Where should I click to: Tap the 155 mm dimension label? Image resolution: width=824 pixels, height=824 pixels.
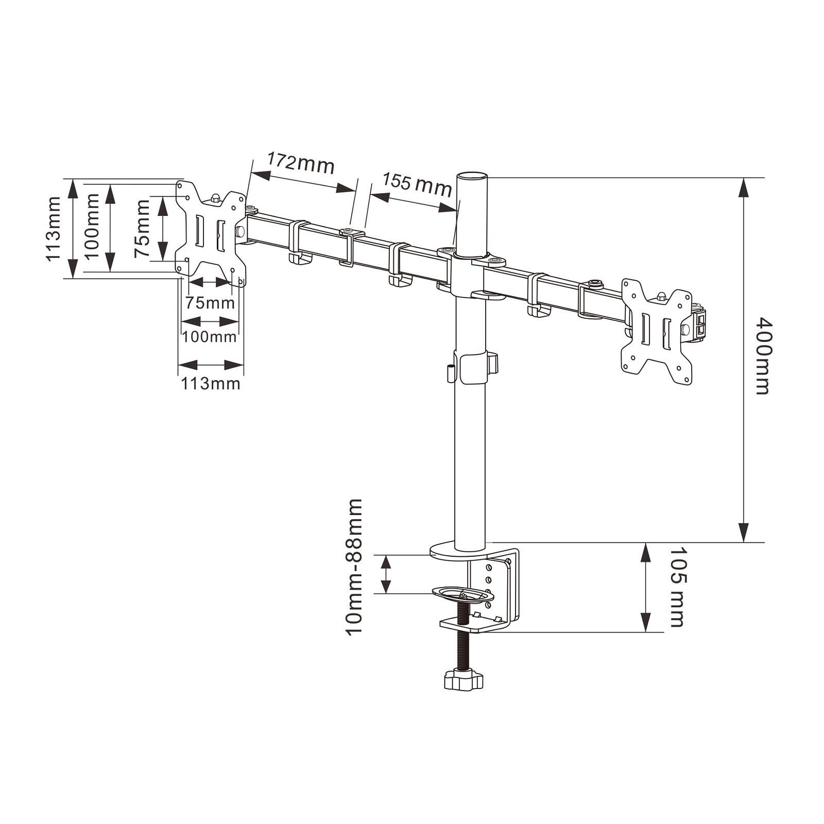[x=417, y=184]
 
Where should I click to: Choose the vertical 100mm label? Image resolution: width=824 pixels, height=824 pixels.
[x=91, y=227]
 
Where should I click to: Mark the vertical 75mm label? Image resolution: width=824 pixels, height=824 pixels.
[x=142, y=228]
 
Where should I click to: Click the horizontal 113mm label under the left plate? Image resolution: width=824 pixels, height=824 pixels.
[x=210, y=384]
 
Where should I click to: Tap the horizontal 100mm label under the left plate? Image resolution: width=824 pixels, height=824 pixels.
[x=209, y=337]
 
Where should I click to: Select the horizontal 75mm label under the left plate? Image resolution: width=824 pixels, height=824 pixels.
[x=210, y=302]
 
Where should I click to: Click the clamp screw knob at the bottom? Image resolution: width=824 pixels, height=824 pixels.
[x=463, y=680]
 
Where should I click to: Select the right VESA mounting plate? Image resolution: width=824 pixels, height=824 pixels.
[x=657, y=332]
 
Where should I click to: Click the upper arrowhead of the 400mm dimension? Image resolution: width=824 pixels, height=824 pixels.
[x=743, y=187]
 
